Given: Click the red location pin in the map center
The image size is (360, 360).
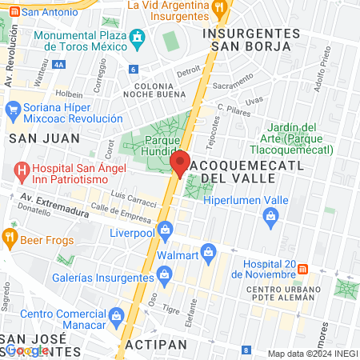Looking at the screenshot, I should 180,162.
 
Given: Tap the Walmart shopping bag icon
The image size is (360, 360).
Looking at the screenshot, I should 209,252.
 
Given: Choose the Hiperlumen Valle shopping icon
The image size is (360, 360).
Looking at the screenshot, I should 271,214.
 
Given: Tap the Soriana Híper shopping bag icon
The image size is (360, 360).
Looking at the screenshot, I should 12,108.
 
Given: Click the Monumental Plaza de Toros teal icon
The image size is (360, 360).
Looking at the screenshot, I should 138,37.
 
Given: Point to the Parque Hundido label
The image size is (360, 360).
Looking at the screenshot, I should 161,146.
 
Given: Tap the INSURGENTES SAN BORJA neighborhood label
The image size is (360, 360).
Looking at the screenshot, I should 251,39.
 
